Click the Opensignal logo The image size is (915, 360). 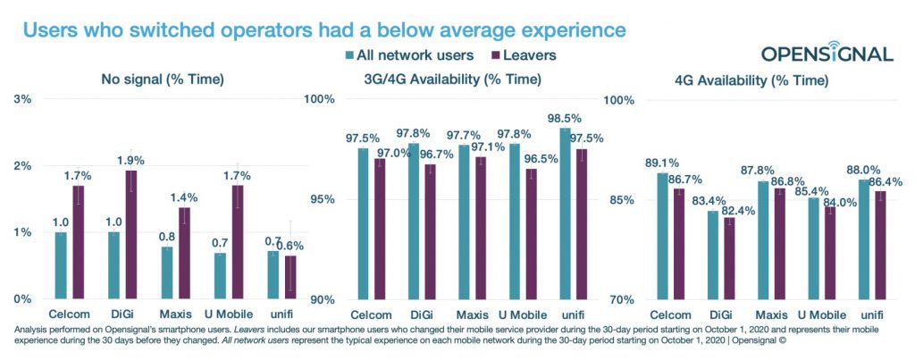click(827, 51)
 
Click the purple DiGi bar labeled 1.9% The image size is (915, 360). click(130, 234)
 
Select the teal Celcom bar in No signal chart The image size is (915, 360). click(61, 265)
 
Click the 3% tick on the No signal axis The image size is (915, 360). click(21, 98)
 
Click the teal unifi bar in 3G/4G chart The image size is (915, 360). click(565, 213)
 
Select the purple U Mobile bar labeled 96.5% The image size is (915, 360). click(531, 233)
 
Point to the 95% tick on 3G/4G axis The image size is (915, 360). click(322, 199)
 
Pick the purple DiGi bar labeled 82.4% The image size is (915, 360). click(729, 258)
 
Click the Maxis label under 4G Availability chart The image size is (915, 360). click(771, 314)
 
